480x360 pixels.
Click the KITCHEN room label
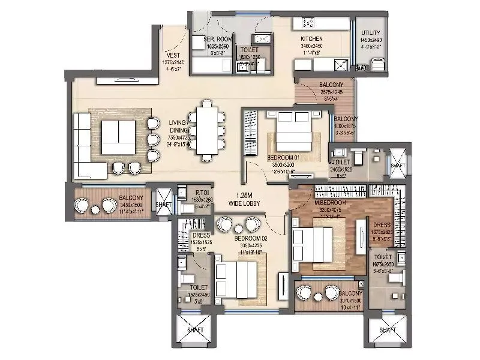click(312, 38)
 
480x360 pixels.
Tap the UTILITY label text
click(367, 32)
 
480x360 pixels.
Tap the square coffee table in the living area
click(118, 136)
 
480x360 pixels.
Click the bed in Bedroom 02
click(239, 279)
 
